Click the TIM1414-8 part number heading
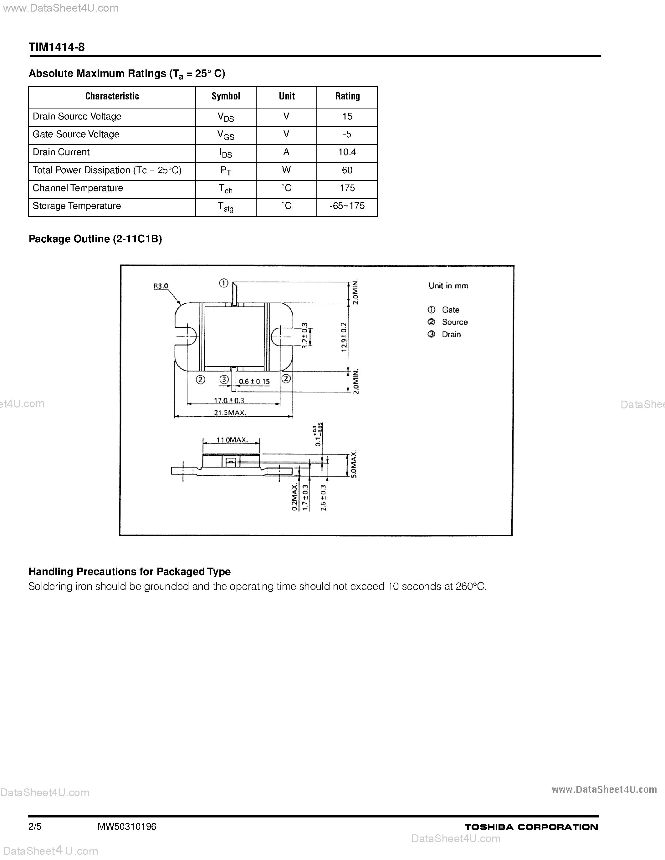(x=57, y=48)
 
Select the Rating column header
(x=347, y=96)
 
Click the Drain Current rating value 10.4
(x=347, y=152)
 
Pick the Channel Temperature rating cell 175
(x=347, y=188)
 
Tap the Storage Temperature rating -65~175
(x=347, y=206)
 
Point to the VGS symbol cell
(x=226, y=135)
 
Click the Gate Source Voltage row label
(x=76, y=134)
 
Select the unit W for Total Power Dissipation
(x=286, y=170)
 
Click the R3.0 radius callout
(x=161, y=286)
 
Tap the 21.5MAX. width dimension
(x=230, y=413)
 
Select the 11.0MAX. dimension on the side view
(x=232, y=440)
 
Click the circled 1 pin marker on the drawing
(x=224, y=283)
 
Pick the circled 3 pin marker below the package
(x=224, y=379)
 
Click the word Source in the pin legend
(x=455, y=322)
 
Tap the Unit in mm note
(x=448, y=286)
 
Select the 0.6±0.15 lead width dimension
(x=254, y=381)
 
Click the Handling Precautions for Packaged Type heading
(x=130, y=571)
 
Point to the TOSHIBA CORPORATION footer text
(x=531, y=827)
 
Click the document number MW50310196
(x=127, y=827)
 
